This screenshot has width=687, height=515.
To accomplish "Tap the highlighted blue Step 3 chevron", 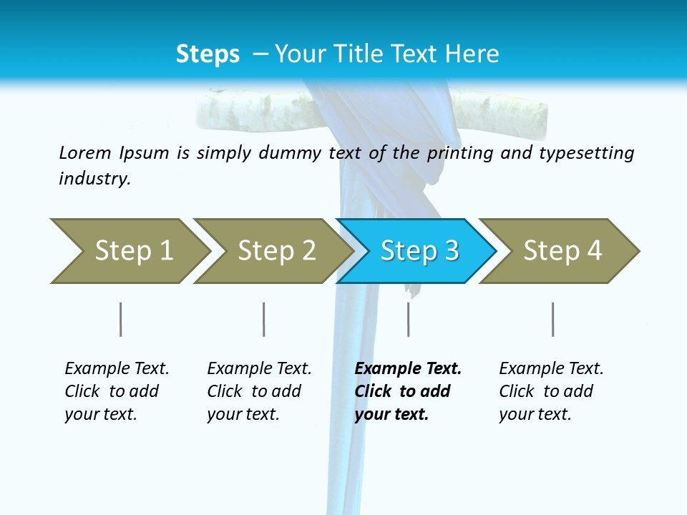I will [419, 251].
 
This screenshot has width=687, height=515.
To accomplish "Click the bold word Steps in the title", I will [208, 54].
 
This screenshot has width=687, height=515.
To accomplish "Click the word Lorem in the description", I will [85, 152].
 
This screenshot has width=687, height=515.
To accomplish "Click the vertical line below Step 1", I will [120, 319].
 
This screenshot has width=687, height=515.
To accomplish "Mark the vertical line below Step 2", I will [264, 319].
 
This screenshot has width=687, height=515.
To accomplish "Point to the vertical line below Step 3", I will [408, 319].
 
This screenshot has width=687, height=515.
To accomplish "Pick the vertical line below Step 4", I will [552, 319].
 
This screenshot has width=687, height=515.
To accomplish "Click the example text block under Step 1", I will [117, 391].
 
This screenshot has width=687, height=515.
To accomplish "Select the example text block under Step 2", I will [259, 391].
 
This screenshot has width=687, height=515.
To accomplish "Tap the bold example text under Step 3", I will [408, 391].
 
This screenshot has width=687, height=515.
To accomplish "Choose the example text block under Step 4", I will [551, 391].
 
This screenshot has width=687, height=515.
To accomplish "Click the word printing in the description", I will [458, 153].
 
